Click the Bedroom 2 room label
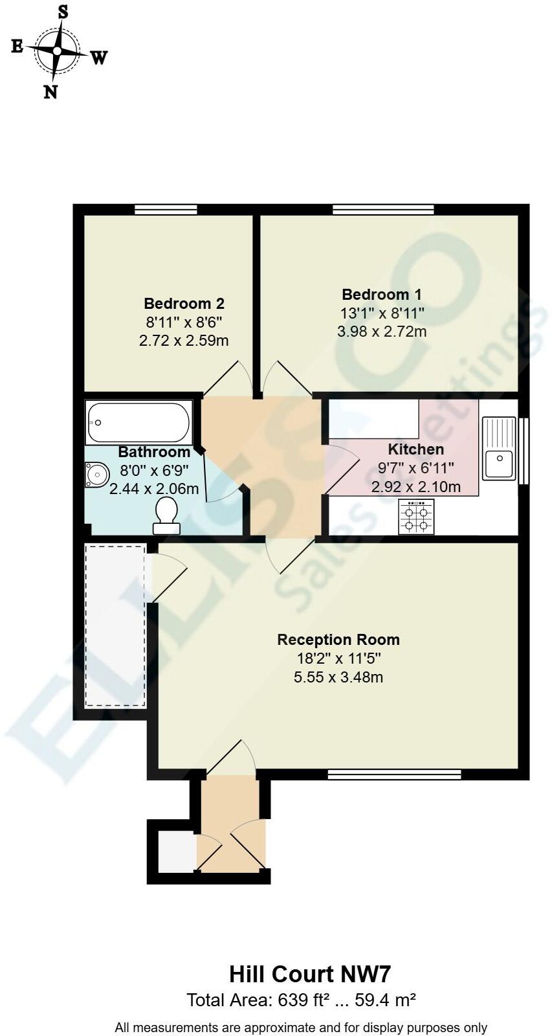[x=184, y=303]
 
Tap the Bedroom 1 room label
[x=382, y=295]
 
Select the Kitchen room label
[x=415, y=449]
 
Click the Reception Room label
[x=338, y=640]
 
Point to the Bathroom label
[x=154, y=452]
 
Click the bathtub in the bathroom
[x=138, y=423]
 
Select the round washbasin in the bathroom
[x=96, y=475]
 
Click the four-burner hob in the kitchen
[x=416, y=517]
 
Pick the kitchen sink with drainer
[x=500, y=448]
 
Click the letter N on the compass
[x=50, y=92]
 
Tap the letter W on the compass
[x=98, y=58]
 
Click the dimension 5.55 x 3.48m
[x=338, y=677]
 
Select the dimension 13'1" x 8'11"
[x=382, y=313]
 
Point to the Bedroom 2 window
[x=166, y=209]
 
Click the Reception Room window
[x=394, y=774]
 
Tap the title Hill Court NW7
[x=310, y=974]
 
